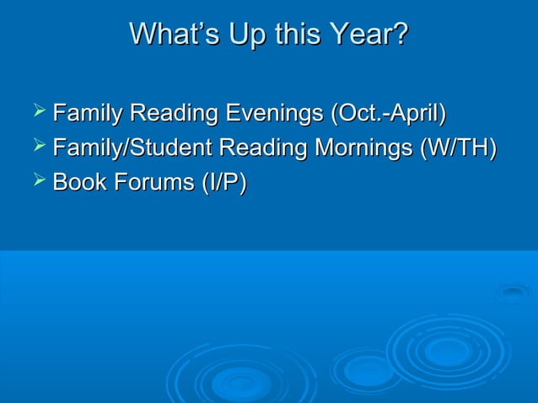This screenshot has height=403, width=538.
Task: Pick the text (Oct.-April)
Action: [389, 112]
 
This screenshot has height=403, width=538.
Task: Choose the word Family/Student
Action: [132, 148]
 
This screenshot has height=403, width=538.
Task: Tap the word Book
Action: [78, 183]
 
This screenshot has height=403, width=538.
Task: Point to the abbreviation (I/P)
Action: [221, 183]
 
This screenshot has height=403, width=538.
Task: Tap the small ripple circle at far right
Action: [512, 293]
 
